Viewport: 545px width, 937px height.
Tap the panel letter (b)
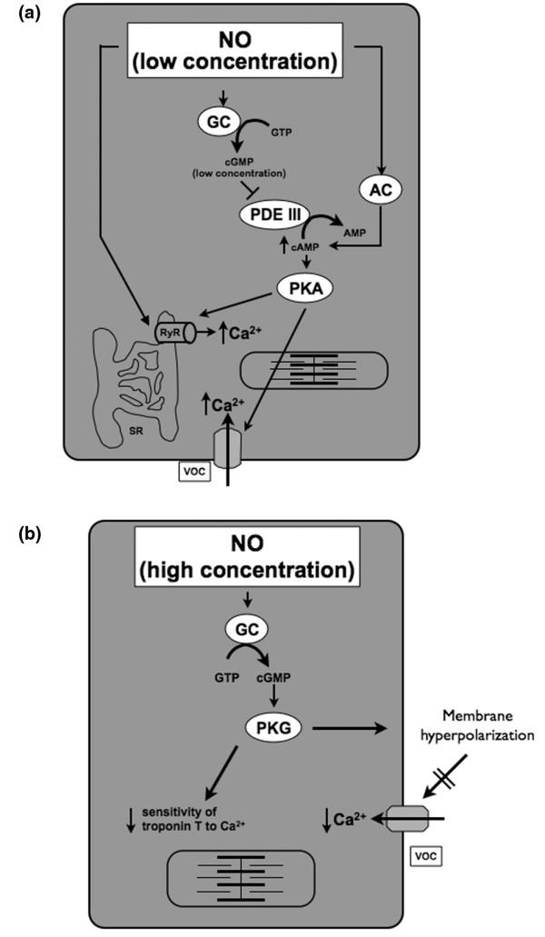pos(26,535)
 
